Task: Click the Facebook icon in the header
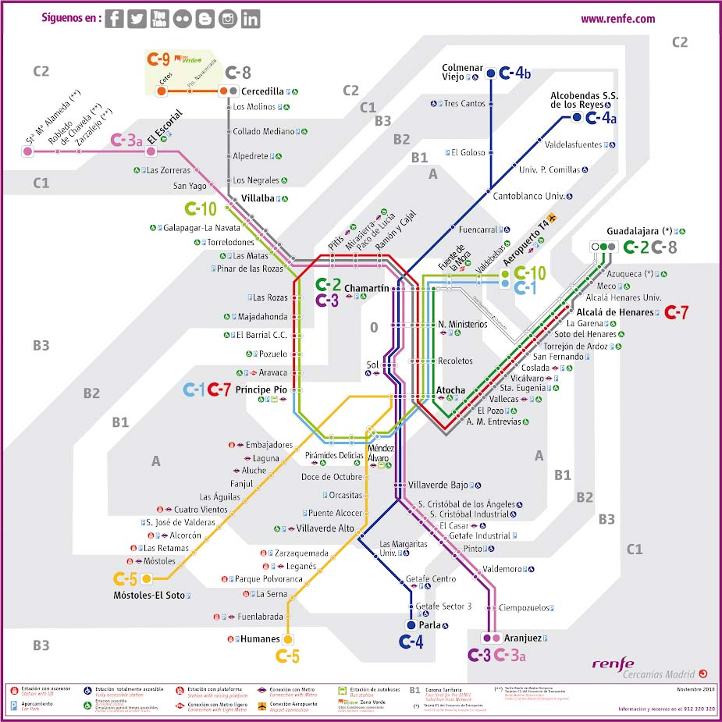(114, 20)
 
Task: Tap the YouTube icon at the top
(159, 20)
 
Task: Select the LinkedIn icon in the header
(251, 20)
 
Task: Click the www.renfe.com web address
(617, 20)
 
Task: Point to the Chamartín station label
(366, 288)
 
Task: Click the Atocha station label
(450, 389)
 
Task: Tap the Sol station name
(372, 365)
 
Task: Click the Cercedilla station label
(263, 91)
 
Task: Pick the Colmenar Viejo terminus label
(463, 73)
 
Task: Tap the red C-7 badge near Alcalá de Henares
(676, 313)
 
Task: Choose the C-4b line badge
(516, 73)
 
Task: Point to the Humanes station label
(260, 639)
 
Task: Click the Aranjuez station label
(522, 638)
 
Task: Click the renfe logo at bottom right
(613, 664)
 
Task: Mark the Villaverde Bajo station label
(437, 485)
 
